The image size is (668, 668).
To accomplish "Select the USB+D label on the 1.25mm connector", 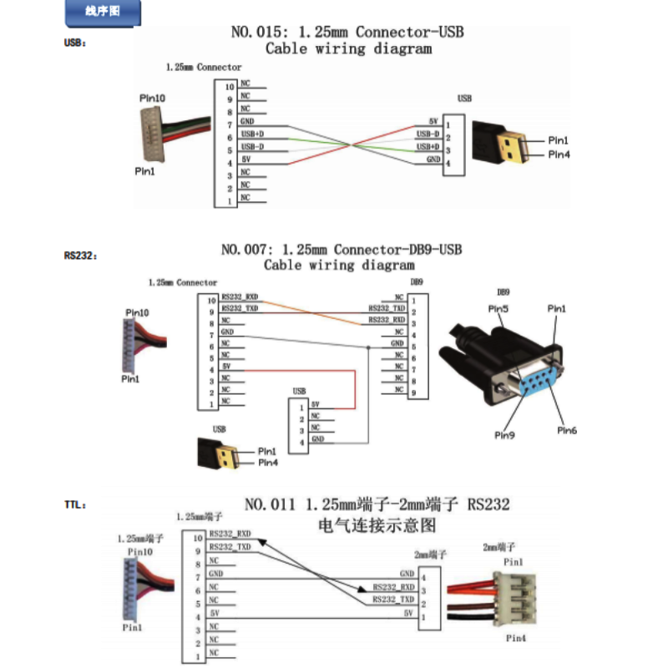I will tap(252, 134).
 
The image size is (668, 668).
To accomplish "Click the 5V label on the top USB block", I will tap(433, 122).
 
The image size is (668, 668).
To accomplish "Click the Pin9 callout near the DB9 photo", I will tap(504, 436).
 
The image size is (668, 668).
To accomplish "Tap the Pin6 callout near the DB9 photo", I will tap(567, 431).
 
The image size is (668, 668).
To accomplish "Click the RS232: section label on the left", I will tap(80, 256).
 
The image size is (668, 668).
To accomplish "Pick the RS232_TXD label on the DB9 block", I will tap(387, 309).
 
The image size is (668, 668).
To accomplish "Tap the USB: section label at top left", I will tap(74, 43).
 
